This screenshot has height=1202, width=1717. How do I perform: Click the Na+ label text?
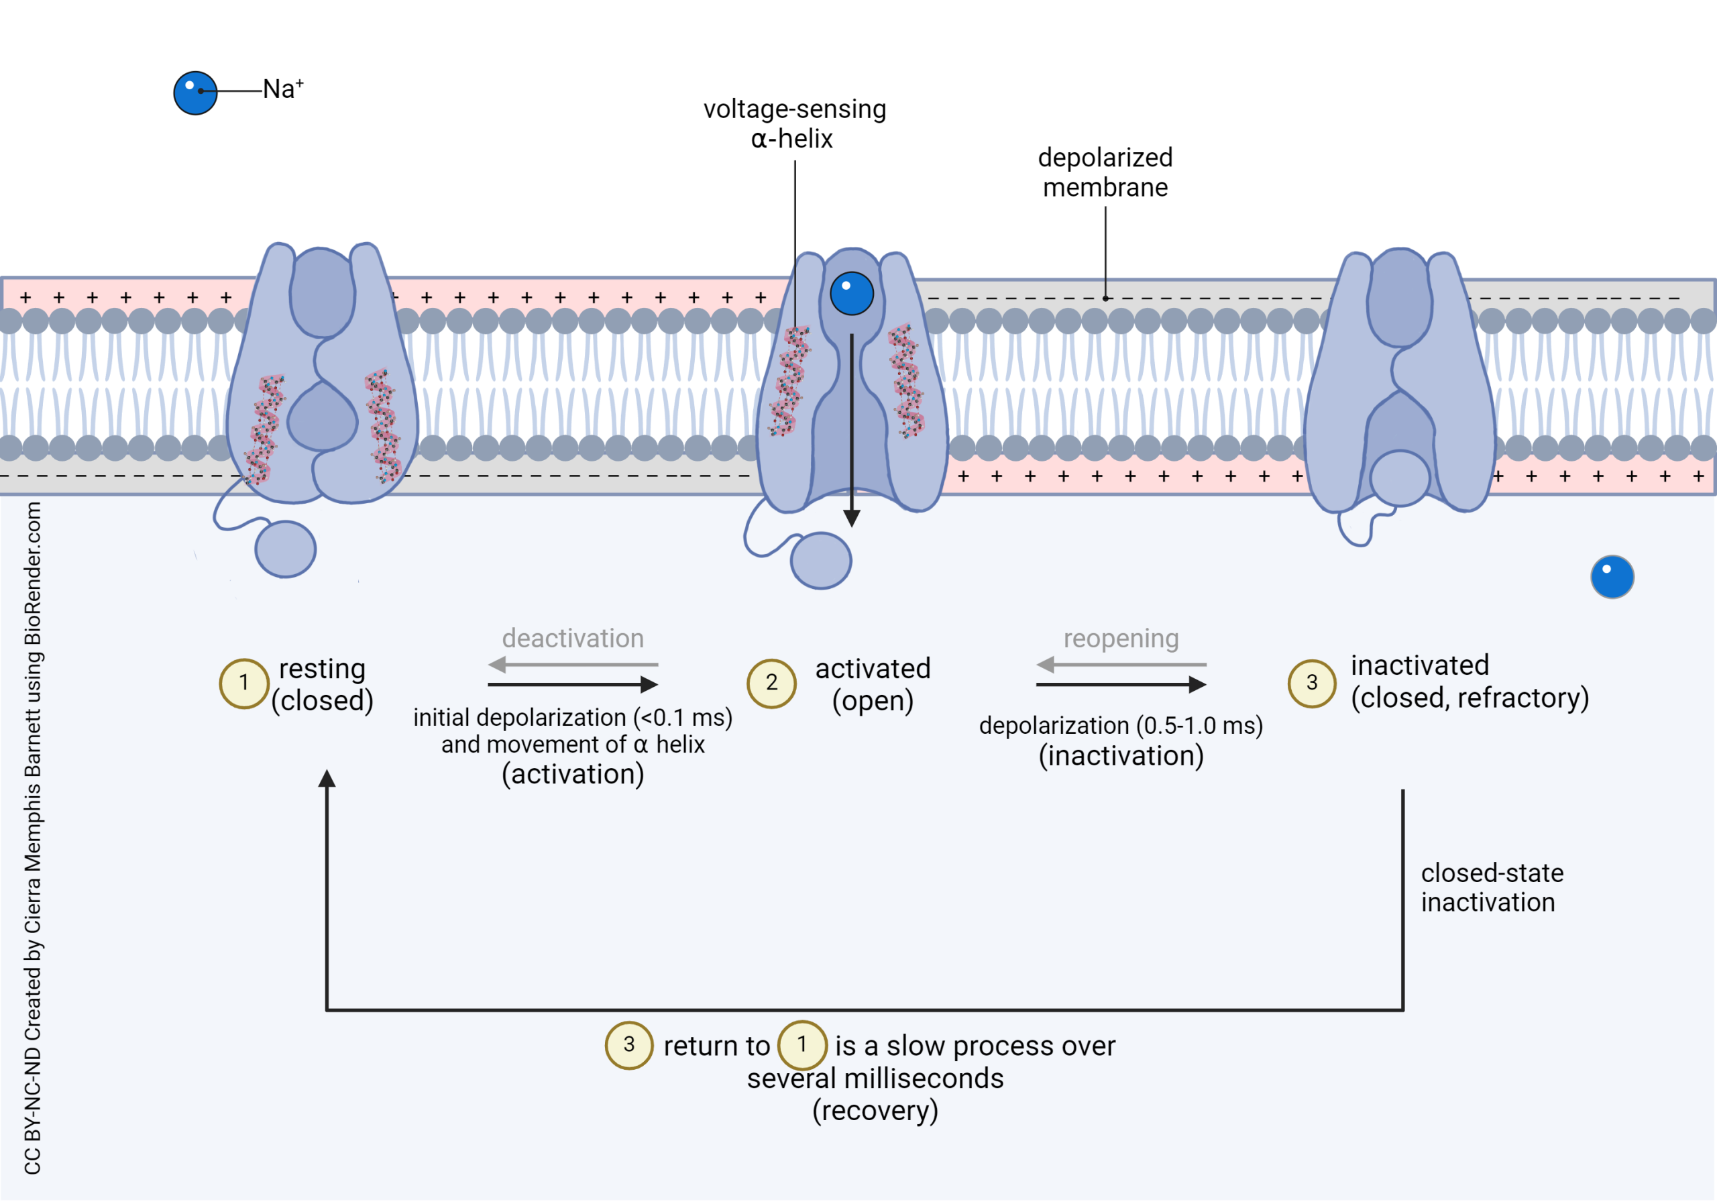tap(282, 89)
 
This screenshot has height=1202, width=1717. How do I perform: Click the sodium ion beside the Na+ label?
tap(195, 93)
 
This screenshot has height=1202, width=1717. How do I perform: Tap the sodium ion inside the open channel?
tap(852, 293)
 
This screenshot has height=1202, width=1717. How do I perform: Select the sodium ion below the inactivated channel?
tap(1612, 577)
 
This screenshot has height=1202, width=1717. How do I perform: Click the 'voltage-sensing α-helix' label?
tap(794, 123)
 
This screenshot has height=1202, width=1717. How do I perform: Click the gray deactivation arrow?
tap(572, 664)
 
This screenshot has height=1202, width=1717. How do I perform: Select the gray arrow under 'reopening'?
tap(1120, 664)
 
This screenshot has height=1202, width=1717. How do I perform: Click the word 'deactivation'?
tap(572, 638)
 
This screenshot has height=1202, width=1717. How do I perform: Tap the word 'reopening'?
tap(1120, 638)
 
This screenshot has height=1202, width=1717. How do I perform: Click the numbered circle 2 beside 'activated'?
tap(772, 683)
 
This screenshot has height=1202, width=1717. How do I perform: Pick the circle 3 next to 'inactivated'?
tap(1312, 683)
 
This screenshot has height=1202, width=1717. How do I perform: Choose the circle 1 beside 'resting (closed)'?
tap(243, 683)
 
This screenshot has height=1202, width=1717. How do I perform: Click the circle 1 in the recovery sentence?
tap(801, 1044)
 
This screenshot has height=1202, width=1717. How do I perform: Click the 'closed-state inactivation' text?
tap(1491, 887)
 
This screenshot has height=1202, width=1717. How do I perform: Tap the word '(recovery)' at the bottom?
tap(875, 1111)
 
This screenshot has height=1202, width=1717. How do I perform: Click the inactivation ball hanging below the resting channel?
tap(285, 549)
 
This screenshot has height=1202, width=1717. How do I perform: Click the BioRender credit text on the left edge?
tap(32, 838)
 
